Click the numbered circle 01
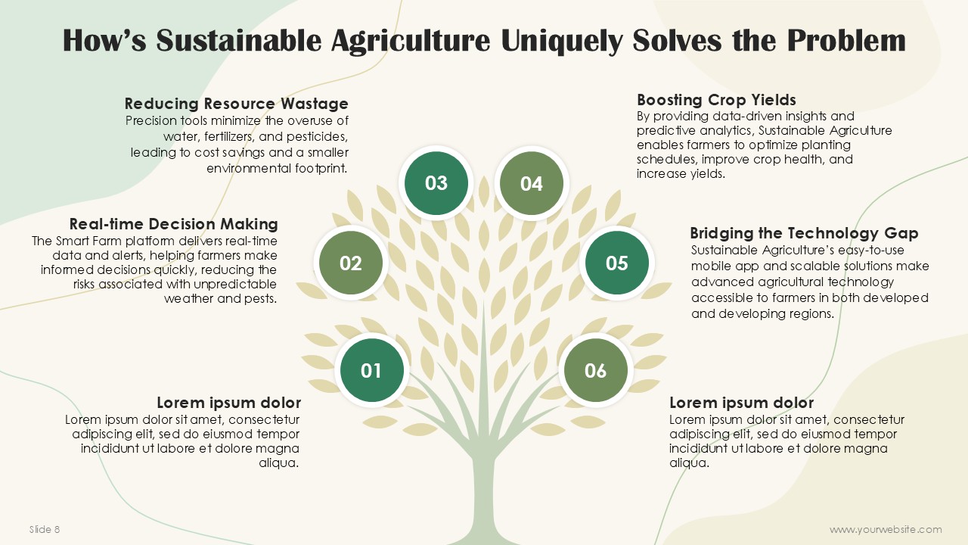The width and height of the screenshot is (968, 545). coord(371,370)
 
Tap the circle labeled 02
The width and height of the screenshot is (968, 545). coord(350,263)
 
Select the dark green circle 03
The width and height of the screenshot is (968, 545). coord(436,183)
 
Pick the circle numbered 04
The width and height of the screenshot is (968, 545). coord(532,183)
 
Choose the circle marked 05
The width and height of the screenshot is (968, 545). coord(616,263)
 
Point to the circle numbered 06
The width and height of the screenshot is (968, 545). coord(595,370)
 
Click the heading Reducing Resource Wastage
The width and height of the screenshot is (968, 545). coord(237,104)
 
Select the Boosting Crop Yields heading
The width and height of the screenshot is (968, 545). coord(716,100)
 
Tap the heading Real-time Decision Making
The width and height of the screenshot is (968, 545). coord(173,224)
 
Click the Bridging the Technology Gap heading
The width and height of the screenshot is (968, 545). coord(804,233)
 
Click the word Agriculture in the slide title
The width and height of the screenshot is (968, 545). coord(411,41)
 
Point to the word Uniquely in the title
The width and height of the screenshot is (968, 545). coord(562,41)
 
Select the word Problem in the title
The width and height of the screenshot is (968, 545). coord(845,40)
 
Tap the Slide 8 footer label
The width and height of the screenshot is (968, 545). coord(45,529)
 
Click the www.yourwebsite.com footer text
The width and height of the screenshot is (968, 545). coord(886,529)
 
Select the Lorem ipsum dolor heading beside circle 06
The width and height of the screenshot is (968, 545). coord(742,403)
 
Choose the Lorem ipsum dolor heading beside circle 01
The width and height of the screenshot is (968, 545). coord(228,403)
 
